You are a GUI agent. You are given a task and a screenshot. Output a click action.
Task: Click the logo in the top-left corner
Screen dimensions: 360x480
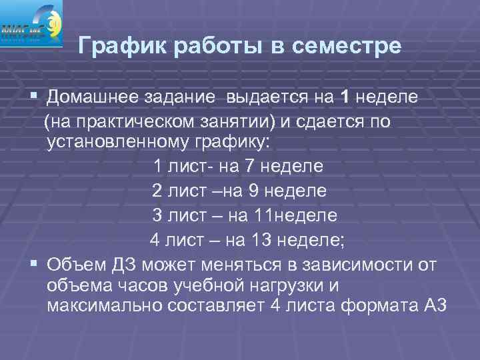click(x=31, y=23)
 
